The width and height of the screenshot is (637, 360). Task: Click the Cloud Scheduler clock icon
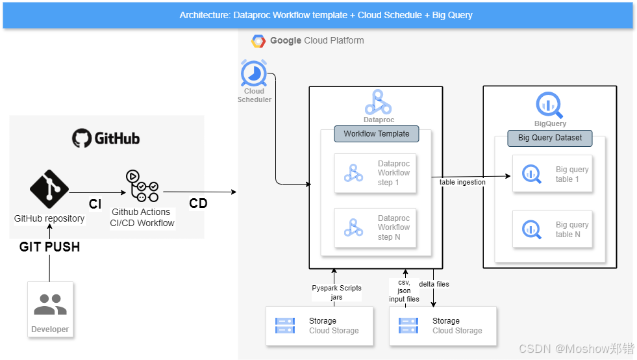click(x=254, y=73)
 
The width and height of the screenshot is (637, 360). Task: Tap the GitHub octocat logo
click(x=82, y=138)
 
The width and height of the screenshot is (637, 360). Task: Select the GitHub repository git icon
click(x=49, y=189)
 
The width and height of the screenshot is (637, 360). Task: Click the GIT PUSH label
click(x=49, y=247)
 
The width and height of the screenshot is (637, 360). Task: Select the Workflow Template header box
click(x=377, y=134)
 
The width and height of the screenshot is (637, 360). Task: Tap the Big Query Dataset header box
click(x=550, y=138)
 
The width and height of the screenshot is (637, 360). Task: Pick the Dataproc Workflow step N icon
click(x=353, y=228)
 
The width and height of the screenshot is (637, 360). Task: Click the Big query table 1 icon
click(x=531, y=174)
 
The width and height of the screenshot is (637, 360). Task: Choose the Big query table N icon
click(x=531, y=229)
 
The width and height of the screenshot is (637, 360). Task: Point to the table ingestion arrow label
click(x=462, y=183)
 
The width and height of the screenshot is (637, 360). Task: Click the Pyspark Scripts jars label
click(x=336, y=292)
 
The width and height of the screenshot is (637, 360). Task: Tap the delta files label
click(x=434, y=284)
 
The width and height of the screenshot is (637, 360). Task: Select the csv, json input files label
click(x=404, y=291)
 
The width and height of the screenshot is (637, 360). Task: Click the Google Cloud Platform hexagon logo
click(x=258, y=41)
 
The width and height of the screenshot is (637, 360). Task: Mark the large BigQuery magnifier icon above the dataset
click(x=549, y=105)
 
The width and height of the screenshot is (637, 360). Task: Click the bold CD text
click(x=198, y=203)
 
